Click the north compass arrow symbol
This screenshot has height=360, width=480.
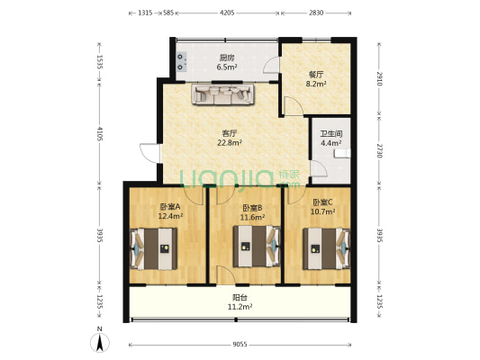(99, 343)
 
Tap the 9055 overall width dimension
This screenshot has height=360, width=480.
(240, 345)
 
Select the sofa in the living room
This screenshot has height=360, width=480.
(222, 94)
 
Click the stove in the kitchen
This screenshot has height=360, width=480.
(182, 62)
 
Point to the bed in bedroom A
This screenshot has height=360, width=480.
(153, 248)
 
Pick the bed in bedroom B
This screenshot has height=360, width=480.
(257, 247)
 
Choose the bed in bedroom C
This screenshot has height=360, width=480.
(326, 248)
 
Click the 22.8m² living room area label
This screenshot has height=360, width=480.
(230, 142)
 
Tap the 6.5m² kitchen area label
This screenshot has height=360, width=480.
(227, 67)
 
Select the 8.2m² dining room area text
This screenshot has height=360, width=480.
(315, 84)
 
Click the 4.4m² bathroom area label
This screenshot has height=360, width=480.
(331, 143)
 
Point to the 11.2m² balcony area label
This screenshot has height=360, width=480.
(240, 307)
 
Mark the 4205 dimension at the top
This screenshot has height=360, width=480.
(227, 13)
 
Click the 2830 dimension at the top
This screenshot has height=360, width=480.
(316, 13)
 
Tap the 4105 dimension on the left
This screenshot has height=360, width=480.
(99, 134)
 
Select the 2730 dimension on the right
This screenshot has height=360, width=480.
(379, 151)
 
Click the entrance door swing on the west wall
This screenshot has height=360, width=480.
(150, 153)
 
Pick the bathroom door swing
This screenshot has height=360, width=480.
(319, 169)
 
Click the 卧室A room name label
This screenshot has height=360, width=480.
(170, 207)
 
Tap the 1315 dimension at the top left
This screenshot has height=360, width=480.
(145, 13)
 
